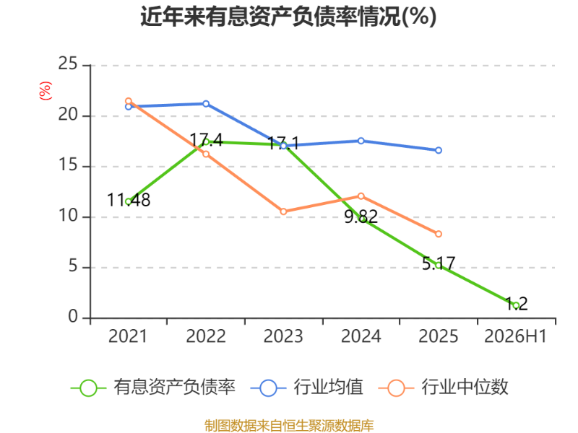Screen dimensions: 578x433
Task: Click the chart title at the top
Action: (288, 17)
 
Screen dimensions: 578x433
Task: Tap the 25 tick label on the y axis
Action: (68, 64)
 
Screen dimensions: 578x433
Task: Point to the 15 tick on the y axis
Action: (68, 165)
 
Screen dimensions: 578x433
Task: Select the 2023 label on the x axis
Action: (283, 336)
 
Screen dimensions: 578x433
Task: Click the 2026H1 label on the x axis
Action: (515, 336)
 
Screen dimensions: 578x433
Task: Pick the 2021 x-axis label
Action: (128, 336)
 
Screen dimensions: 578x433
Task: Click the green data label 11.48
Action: (129, 200)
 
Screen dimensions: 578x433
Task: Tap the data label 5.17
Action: (439, 263)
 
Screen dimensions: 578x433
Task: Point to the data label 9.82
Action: (361, 216)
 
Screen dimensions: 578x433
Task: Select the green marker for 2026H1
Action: (516, 305)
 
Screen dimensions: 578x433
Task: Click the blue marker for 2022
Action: (206, 104)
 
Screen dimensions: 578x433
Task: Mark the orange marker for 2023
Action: (283, 211)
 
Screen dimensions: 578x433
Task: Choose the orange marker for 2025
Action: (439, 234)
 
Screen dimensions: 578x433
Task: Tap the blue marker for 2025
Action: (439, 150)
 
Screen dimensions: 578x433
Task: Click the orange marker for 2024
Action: (361, 196)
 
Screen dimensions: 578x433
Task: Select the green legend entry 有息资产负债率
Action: (153, 388)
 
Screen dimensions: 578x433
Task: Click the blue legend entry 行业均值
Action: (306, 388)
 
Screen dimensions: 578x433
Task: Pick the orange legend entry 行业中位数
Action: (444, 388)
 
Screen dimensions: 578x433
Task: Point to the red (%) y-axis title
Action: (46, 91)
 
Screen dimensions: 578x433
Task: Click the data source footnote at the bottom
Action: (289, 426)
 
